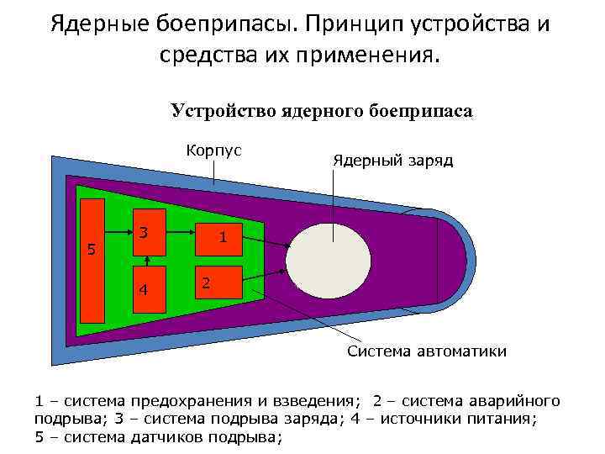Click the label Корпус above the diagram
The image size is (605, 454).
point(214,150)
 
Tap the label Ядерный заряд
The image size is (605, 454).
point(392,160)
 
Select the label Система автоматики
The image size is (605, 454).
point(427,351)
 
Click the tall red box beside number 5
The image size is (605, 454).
point(92,261)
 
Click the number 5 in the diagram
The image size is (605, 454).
point(92,250)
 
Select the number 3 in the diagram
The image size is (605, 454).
point(144,233)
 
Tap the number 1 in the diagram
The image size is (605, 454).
point(223,238)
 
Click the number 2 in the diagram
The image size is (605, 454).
point(204,282)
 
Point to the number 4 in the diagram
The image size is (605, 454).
point(144,290)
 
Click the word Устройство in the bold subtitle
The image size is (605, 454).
point(214,111)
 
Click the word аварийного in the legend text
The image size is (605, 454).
point(513,400)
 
